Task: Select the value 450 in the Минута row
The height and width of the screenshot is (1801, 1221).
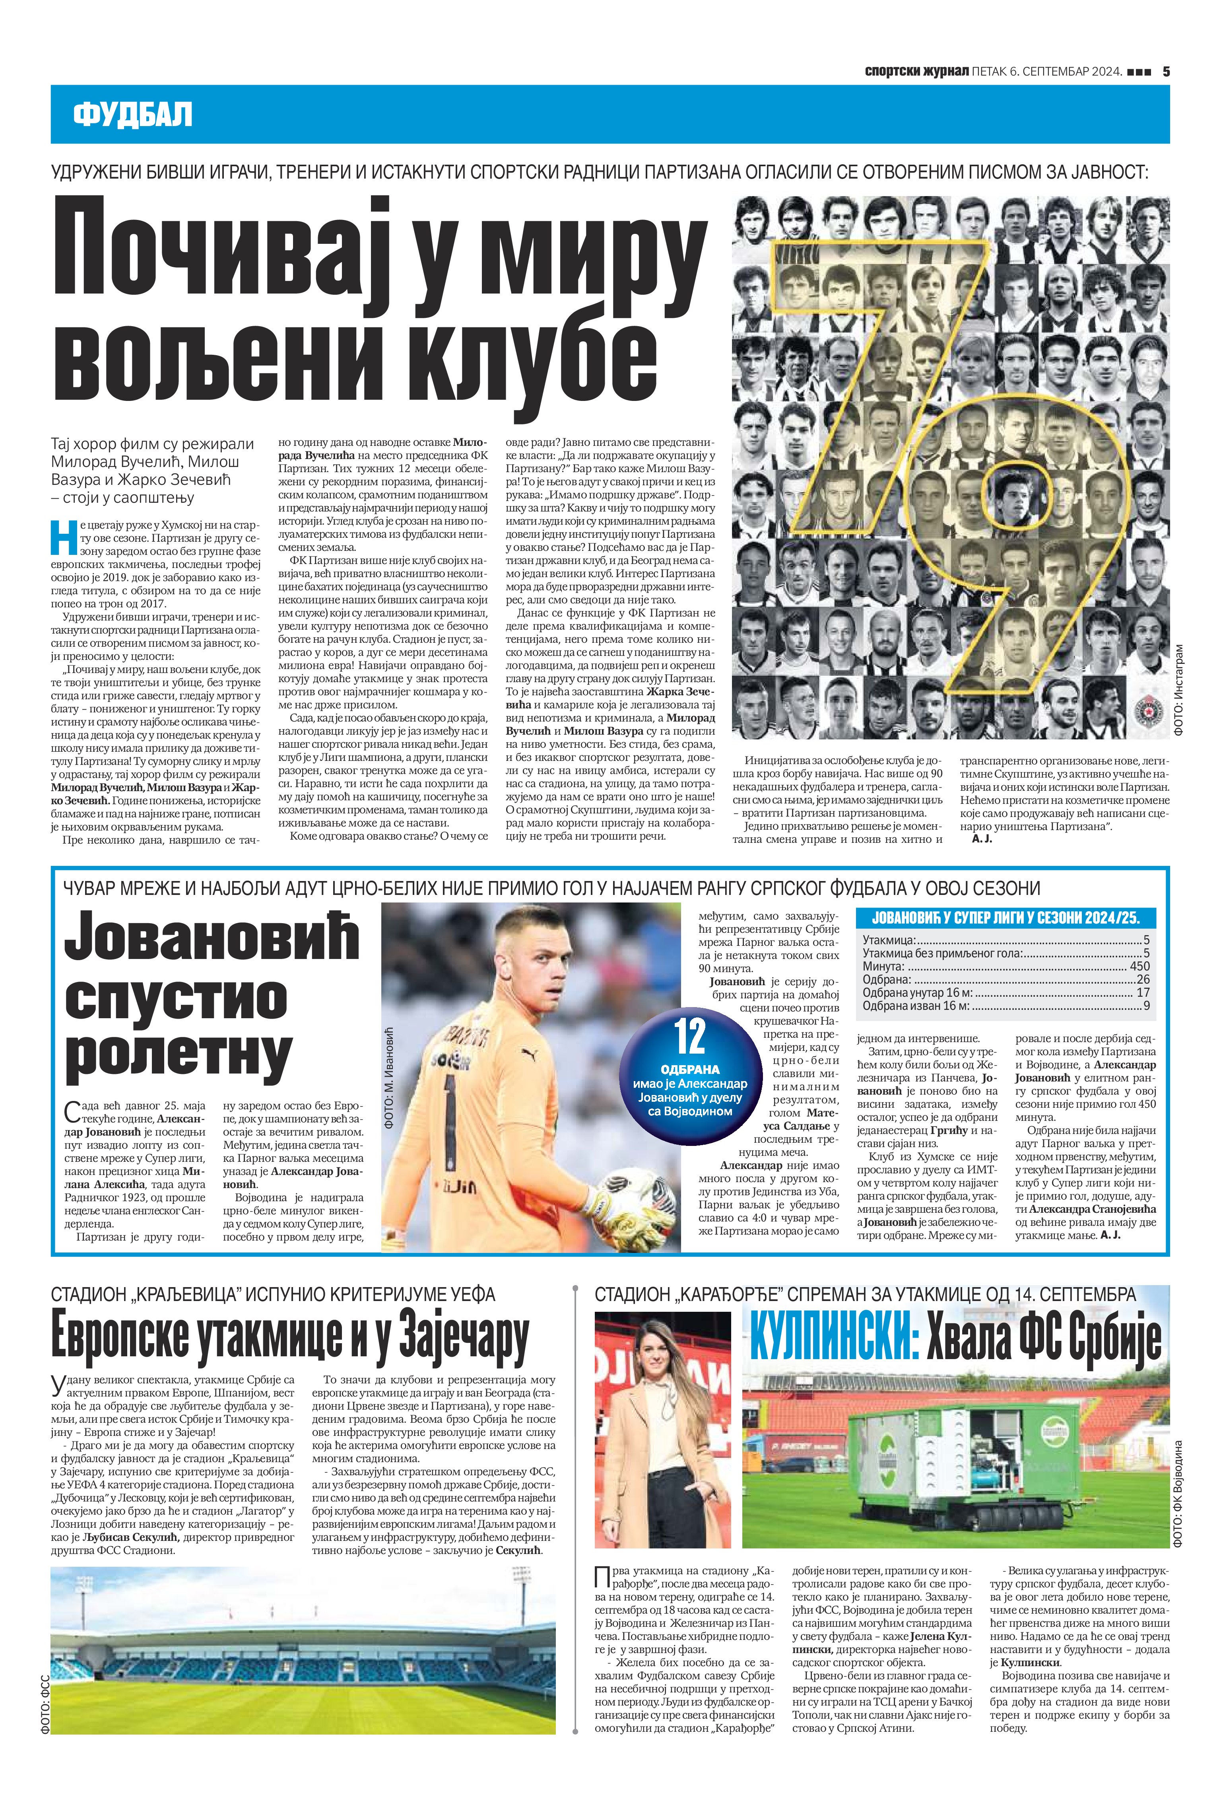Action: pos(1139,967)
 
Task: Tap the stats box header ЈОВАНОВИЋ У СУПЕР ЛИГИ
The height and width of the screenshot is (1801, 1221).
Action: pos(1006,918)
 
